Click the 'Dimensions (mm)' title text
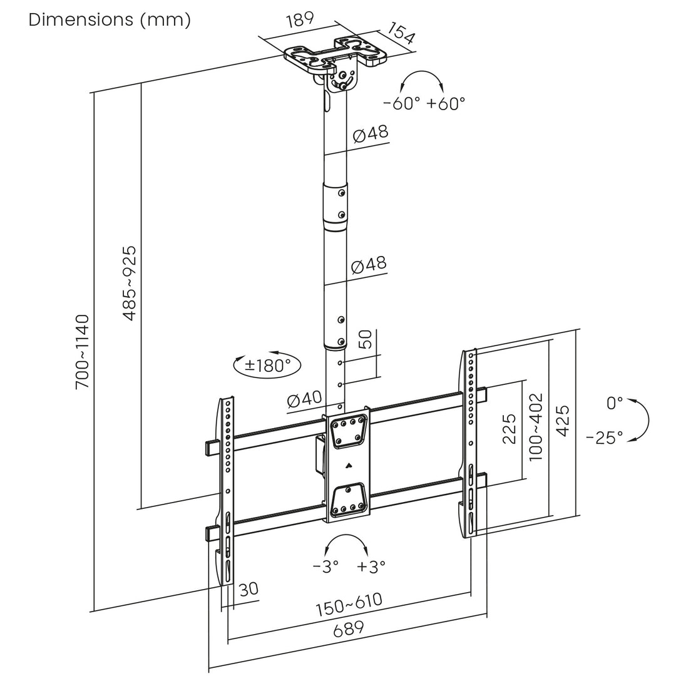(110, 19)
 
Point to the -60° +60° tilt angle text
(424, 103)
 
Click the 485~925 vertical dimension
(130, 283)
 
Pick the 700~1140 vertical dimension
(83, 352)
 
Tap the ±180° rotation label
(267, 366)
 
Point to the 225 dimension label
(510, 429)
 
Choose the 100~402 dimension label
(535, 427)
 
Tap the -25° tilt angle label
(605, 437)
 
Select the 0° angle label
(615, 403)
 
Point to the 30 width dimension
(248, 589)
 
